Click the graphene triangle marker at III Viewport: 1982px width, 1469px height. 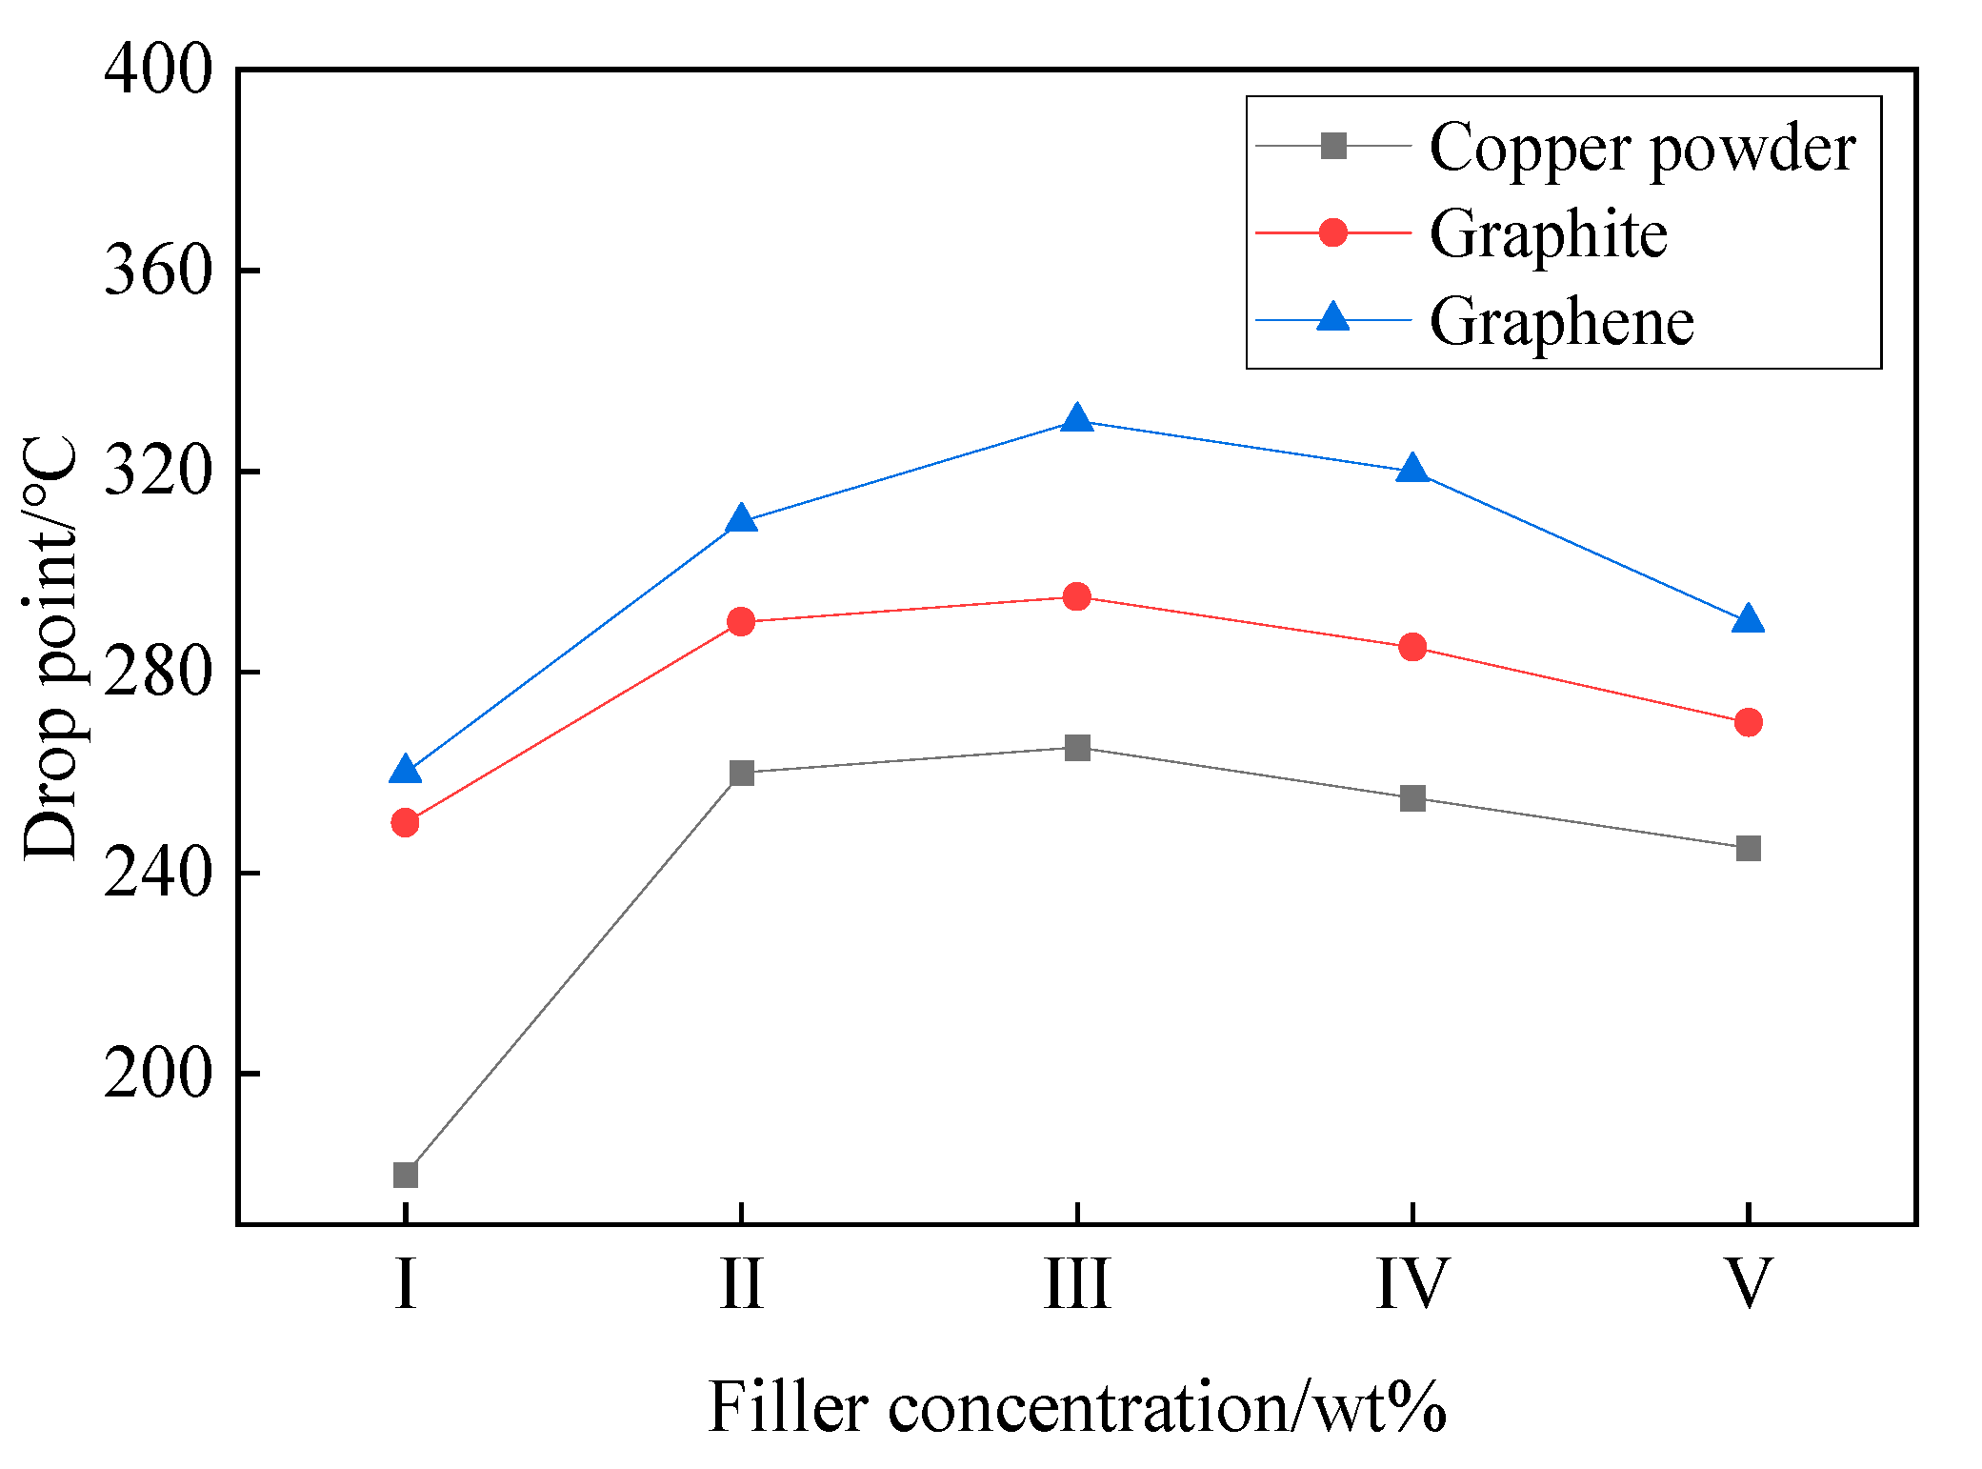[x=1077, y=419]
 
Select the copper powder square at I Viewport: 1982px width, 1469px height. [x=406, y=1175]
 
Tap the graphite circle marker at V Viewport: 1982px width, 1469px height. [x=1749, y=722]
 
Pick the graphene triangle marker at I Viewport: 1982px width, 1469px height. [x=406, y=770]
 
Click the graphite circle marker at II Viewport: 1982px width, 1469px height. [x=741, y=622]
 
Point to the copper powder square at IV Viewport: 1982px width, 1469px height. [x=1412, y=798]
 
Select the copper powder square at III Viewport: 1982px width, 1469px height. [x=1077, y=748]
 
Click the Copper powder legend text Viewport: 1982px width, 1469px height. [x=1642, y=148]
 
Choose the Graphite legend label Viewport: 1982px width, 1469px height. [x=1548, y=234]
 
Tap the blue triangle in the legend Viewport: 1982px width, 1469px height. [x=1333, y=317]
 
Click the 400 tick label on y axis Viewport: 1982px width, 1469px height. [x=157, y=69]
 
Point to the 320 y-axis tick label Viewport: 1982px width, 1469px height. [x=157, y=471]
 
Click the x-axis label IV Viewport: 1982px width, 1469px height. [x=1412, y=1284]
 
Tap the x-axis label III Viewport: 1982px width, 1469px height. [x=1077, y=1284]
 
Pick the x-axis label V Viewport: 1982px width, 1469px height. [x=1749, y=1284]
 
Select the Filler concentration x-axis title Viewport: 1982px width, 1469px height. [x=1077, y=1407]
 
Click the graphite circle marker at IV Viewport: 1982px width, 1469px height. [x=1412, y=648]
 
